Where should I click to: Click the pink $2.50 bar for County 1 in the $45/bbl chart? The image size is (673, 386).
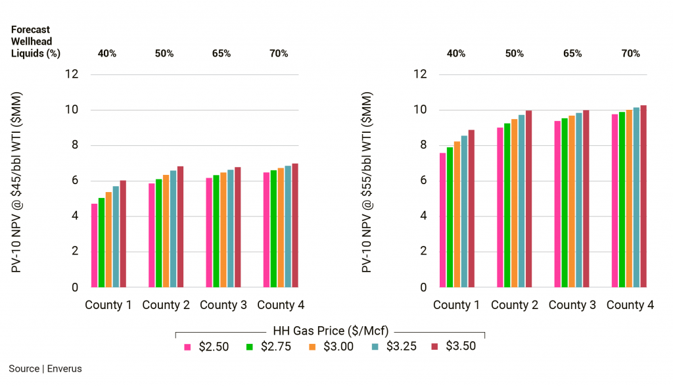(94, 246)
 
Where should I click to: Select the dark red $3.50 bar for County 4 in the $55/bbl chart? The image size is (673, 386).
(643, 197)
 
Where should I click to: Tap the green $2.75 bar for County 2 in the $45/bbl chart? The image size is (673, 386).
(158, 233)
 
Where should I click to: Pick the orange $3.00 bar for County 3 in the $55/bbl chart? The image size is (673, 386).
(572, 201)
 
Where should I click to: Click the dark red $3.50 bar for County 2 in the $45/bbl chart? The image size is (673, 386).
(180, 227)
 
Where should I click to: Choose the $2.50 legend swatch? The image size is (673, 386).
(187, 347)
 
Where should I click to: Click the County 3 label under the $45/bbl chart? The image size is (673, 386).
(223, 305)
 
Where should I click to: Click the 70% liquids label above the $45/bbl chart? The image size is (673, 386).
(279, 53)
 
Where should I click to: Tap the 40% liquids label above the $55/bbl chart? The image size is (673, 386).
(457, 53)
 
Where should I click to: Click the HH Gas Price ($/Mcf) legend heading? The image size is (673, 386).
(331, 331)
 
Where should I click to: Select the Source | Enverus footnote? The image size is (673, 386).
(45, 369)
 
